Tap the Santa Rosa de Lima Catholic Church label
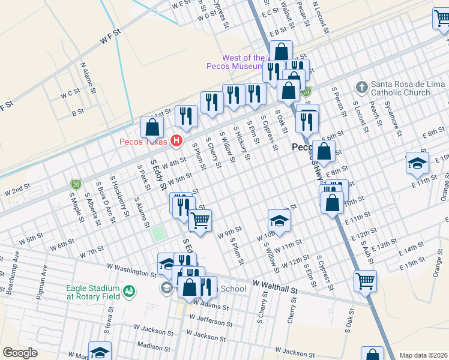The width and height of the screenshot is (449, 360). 400,88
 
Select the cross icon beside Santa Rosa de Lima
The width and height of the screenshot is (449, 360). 361,88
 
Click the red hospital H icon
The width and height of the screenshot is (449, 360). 176,142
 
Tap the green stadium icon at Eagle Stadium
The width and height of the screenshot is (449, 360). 128,292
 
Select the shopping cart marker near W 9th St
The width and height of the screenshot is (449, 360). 200,220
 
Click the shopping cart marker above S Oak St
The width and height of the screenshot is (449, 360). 365,280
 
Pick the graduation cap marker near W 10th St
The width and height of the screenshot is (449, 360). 279,221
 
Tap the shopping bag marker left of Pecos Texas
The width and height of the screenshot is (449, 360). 152,127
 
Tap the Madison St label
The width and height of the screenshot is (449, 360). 150,346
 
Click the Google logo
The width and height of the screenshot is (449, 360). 20,353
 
